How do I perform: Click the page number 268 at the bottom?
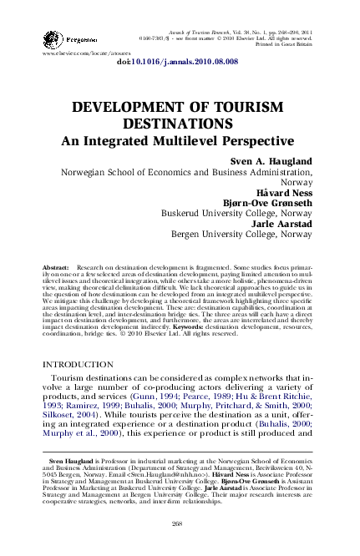176,523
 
